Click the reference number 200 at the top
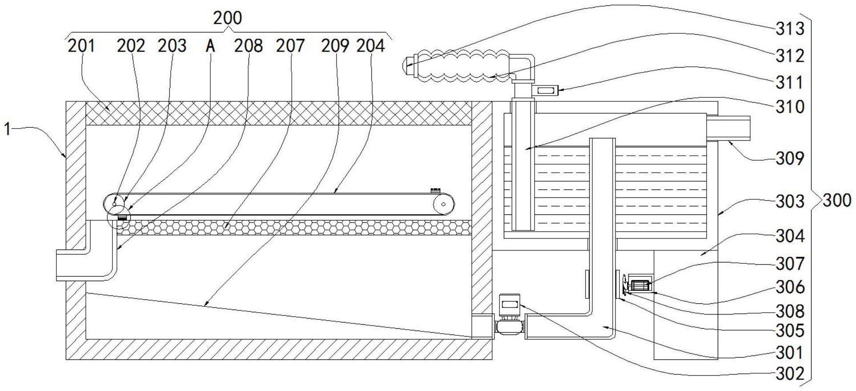(227, 18)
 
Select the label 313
(790, 29)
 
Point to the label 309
(790, 158)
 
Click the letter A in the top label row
(210, 46)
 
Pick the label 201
(81, 46)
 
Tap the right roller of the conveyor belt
(443, 205)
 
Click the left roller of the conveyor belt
(114, 205)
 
